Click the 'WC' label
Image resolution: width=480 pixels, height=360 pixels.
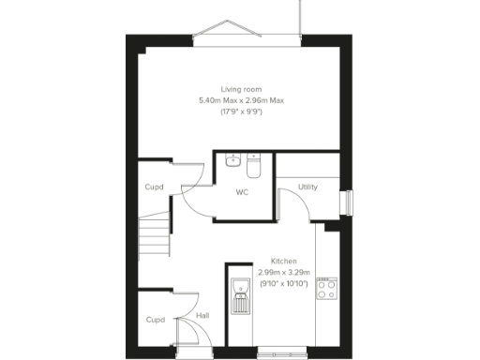(242, 192)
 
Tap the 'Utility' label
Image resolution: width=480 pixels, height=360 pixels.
(307, 187)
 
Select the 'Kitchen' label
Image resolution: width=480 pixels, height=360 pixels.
(284, 261)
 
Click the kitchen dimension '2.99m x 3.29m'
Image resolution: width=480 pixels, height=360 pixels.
(284, 272)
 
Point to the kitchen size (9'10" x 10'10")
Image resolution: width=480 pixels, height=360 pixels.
(284, 283)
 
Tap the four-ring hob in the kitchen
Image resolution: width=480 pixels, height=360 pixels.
(327, 288)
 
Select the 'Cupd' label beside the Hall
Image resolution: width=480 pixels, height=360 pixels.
(155, 320)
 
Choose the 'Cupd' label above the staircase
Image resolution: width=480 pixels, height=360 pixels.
(154, 187)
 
